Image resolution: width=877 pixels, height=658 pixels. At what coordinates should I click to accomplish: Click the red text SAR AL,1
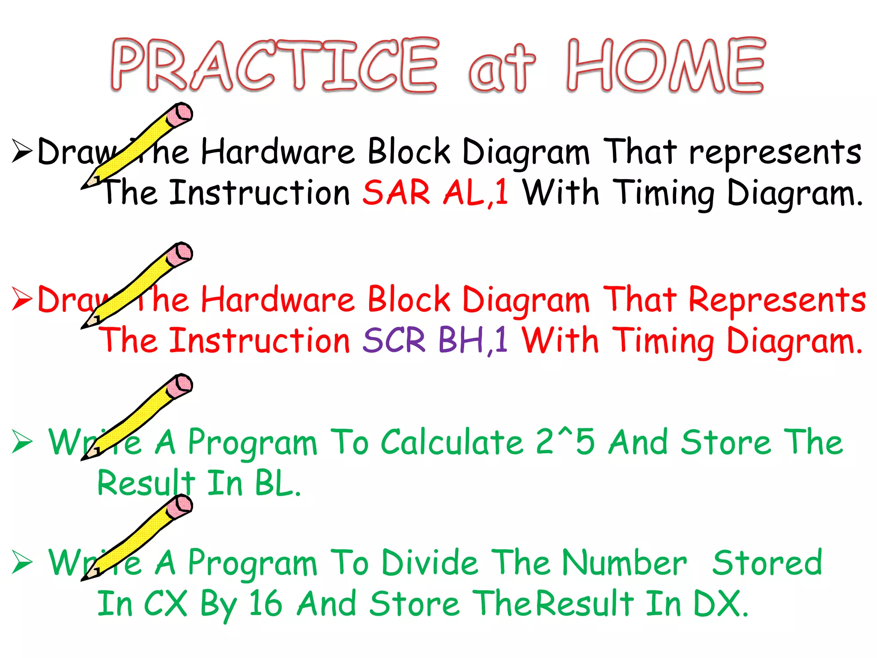click(436, 192)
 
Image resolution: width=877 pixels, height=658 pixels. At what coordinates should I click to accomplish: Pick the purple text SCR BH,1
click(435, 340)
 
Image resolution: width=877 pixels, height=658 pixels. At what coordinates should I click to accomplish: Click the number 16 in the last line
click(265, 603)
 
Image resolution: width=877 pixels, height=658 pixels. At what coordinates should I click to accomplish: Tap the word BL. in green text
click(277, 483)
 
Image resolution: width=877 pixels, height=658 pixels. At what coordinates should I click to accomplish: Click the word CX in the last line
click(166, 603)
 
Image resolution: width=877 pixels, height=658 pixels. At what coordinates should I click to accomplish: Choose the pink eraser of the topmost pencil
click(179, 114)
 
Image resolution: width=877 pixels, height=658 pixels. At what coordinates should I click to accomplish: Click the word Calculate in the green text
click(452, 442)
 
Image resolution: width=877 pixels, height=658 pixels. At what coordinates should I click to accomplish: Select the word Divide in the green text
click(430, 562)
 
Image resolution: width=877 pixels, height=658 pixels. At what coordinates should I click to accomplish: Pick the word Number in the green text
click(624, 562)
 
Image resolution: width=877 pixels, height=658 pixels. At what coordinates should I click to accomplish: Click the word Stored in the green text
click(767, 562)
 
